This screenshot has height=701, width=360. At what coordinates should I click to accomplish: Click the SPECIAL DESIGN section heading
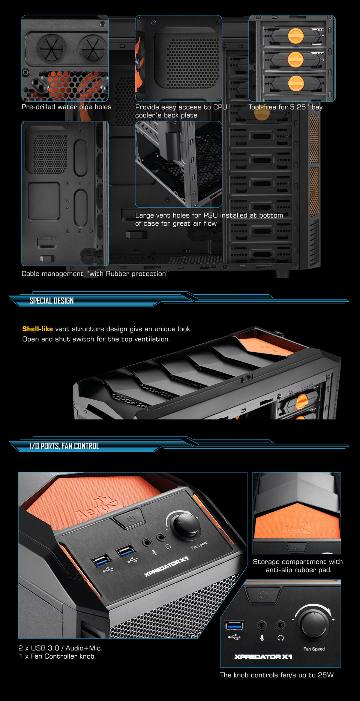51,301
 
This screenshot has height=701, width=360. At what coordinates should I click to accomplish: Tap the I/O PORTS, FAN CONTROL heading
64,446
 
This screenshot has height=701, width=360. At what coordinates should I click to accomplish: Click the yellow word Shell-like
37,329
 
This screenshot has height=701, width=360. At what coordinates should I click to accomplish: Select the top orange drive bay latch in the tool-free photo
295,36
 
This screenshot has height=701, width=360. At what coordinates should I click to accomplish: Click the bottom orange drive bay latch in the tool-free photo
296,83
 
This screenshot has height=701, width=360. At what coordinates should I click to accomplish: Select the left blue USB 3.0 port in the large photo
102,561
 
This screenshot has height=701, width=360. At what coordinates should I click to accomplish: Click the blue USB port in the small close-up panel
234,625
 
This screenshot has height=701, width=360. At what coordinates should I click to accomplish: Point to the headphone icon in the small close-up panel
280,638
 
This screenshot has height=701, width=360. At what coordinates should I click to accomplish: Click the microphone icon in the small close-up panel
262,638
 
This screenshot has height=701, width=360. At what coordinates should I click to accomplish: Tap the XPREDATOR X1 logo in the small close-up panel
263,656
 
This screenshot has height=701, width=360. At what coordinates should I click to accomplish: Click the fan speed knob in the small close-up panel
313,623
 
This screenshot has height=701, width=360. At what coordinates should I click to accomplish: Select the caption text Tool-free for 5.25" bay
285,107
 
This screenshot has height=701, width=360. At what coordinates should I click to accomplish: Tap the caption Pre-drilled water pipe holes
66,107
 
